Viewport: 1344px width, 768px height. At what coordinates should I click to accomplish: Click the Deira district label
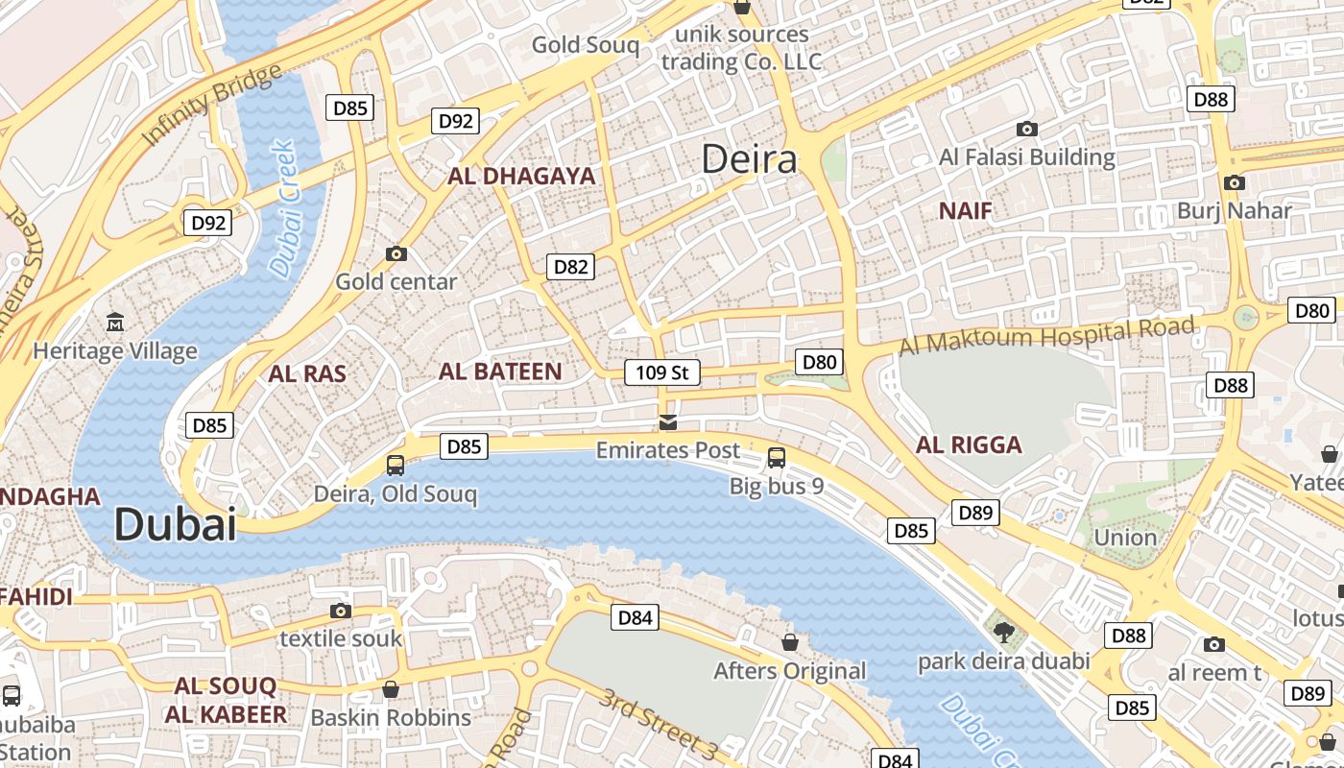pos(749,158)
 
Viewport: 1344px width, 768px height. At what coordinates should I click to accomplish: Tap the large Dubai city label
pos(175,524)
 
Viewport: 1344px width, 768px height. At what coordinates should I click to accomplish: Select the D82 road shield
pos(570,266)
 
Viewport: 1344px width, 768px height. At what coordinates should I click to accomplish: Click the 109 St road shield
pos(661,372)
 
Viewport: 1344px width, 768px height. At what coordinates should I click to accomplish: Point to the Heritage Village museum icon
pos(115,321)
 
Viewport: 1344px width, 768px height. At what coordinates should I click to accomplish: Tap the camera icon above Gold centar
pos(396,253)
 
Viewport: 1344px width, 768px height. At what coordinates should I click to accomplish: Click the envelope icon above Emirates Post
pos(668,421)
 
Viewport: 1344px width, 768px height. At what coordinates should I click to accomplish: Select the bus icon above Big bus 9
pos(777,457)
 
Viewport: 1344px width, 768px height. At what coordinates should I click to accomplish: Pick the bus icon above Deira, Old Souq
pos(395,466)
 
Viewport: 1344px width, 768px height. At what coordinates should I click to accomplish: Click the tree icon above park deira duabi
pos(1004,632)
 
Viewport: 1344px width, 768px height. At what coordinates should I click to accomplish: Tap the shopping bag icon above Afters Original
pos(790,641)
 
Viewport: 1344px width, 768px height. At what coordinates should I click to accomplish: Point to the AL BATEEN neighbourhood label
pos(500,372)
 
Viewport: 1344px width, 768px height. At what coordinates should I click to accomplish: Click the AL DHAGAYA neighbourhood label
pos(521,176)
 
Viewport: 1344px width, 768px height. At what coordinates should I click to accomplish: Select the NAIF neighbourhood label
pos(965,210)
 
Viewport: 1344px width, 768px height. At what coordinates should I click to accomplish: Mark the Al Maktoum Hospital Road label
pos(1047,335)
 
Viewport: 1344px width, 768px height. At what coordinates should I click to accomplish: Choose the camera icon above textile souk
pos(340,611)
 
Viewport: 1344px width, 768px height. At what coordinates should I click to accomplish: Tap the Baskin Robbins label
pos(391,717)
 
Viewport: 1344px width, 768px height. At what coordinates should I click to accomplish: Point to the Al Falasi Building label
pos(1026,156)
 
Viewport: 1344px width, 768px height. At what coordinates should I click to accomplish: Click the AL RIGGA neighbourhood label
pos(969,444)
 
